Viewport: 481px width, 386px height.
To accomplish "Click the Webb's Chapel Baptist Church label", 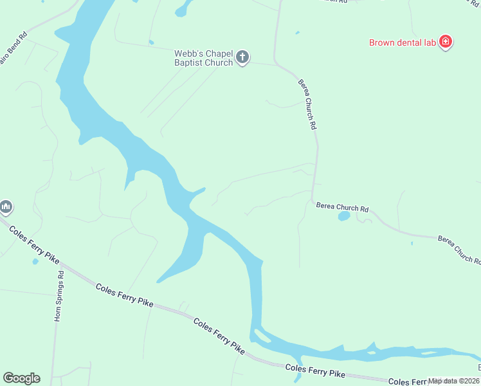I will click(203, 58).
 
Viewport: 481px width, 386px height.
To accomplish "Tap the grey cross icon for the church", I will click(242, 58).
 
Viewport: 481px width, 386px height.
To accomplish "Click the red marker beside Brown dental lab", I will click(446, 43).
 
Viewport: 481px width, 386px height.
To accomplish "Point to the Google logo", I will click(21, 378).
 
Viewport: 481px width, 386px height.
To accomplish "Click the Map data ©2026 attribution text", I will click(454, 381).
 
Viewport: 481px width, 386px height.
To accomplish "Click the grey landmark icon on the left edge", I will click(6, 207).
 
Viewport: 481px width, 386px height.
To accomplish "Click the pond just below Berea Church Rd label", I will click(344, 216).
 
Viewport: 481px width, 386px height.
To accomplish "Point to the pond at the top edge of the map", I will click(184, 8).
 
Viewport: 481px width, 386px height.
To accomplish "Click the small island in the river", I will click(262, 335).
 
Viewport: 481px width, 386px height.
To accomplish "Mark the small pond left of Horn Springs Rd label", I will click(35, 262).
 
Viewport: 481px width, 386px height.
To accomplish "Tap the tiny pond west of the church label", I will click(151, 43).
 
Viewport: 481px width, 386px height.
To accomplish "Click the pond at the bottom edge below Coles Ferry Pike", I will click(296, 379).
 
